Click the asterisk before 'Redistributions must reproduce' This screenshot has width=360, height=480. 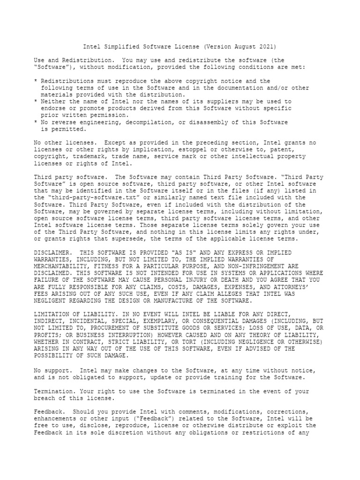click(36, 82)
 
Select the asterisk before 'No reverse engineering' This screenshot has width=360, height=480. click(36, 122)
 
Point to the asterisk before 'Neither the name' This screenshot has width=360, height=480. click(36, 102)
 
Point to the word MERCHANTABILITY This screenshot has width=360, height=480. click(60, 266)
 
